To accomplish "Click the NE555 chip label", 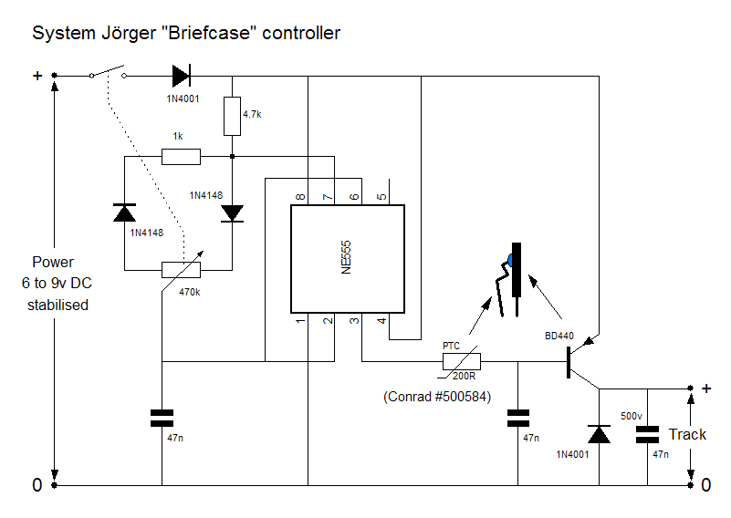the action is click(x=346, y=257).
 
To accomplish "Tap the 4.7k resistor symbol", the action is click(x=232, y=116).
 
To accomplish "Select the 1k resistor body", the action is click(x=181, y=157).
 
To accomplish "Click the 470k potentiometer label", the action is click(x=189, y=292).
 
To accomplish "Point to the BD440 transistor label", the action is click(x=559, y=336).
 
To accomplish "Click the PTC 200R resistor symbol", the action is click(x=461, y=361).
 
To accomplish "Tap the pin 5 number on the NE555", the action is click(x=381, y=197).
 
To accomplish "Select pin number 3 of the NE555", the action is click(x=355, y=320).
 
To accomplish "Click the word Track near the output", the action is click(x=687, y=434).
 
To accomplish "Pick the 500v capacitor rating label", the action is click(x=631, y=416).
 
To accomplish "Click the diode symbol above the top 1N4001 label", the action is click(x=182, y=76).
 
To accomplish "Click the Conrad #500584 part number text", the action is click(x=437, y=397).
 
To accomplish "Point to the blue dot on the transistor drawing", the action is click(x=510, y=261).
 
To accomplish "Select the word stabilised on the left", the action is click(x=57, y=305).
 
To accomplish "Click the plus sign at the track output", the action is click(x=706, y=388).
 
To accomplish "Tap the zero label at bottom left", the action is click(x=37, y=485).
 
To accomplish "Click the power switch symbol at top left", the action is click(x=108, y=72).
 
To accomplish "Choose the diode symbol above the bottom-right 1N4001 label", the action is click(x=599, y=434).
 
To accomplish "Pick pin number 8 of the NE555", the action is click(x=300, y=197).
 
